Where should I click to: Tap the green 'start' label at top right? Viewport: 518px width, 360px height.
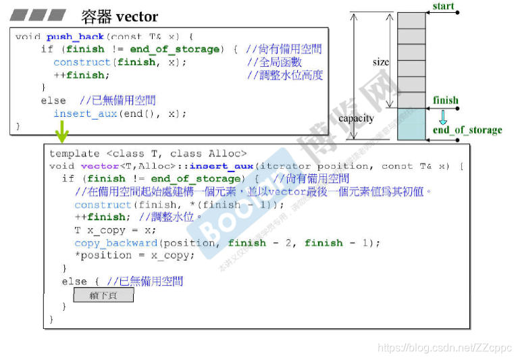pos(443,6)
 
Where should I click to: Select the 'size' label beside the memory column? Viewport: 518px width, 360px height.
pos(381,61)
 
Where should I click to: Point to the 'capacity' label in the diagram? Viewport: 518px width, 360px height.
pos(356,118)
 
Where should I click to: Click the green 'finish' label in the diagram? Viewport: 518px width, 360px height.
pos(446,101)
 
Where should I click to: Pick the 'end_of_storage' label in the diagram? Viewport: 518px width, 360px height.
pos(467,130)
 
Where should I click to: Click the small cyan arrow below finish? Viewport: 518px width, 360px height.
pos(443,116)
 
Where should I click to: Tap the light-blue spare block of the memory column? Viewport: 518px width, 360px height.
pos(412,124)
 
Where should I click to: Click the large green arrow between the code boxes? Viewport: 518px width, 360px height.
pos(61,131)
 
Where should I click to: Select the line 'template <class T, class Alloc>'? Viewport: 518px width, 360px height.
pos(148,153)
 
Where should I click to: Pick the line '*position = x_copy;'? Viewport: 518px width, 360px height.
pos(134,255)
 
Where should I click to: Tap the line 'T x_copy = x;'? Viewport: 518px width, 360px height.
pos(115,230)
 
